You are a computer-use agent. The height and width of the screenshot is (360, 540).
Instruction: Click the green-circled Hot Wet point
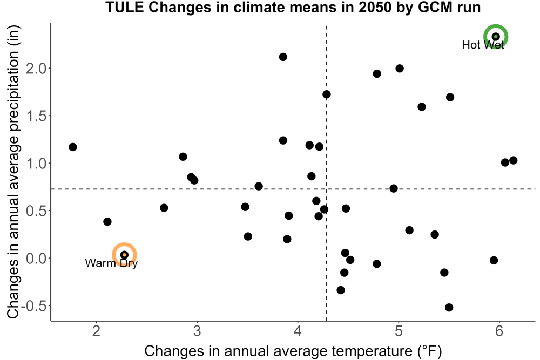(496, 37)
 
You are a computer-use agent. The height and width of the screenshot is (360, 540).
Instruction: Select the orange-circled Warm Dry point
(124, 255)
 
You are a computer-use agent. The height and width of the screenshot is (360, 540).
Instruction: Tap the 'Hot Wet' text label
(483, 45)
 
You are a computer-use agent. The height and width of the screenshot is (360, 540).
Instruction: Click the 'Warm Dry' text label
(111, 263)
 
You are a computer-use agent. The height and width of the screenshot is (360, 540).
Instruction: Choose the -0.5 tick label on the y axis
(33, 305)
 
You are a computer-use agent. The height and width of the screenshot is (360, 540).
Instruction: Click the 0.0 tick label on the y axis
(36, 258)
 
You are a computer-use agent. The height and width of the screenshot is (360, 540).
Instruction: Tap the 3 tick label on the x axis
(197, 331)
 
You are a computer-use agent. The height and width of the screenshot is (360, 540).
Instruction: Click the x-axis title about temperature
(293, 351)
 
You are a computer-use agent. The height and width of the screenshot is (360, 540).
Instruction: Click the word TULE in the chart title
(125, 7)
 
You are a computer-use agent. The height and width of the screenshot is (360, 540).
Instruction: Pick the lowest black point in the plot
(449, 307)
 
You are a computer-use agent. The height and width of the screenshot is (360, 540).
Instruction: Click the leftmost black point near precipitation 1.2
(73, 147)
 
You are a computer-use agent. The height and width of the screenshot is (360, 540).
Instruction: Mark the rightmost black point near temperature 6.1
(513, 160)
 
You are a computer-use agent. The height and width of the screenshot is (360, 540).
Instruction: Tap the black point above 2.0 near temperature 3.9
(283, 57)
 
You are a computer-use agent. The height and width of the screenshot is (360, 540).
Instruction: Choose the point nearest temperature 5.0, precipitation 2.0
(400, 69)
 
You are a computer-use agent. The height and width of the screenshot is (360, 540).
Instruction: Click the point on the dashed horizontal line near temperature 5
(394, 188)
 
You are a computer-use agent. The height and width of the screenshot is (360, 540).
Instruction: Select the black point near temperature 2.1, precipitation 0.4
(107, 222)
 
